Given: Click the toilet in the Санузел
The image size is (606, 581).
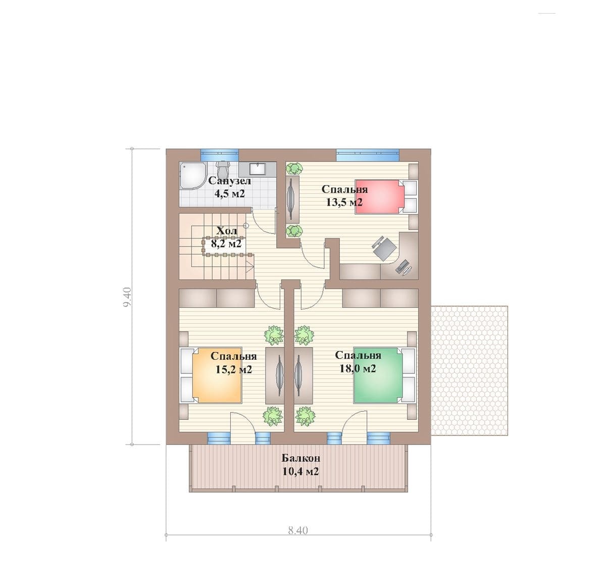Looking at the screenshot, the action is click(x=222, y=169).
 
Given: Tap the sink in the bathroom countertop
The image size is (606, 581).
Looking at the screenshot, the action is click(x=258, y=169).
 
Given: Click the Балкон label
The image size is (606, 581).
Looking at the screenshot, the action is click(x=300, y=458).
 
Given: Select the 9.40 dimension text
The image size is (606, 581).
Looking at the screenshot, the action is click(x=128, y=297).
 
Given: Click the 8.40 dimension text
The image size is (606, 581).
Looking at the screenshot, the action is click(x=298, y=530).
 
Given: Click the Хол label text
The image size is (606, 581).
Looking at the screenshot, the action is click(x=227, y=231).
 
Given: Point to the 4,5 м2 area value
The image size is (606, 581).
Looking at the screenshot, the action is click(x=229, y=193).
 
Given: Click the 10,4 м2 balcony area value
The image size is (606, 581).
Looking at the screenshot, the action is click(x=300, y=471).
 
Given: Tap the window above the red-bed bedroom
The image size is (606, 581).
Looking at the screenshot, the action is click(x=368, y=155).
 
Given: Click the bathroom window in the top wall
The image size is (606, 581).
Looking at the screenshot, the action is click(x=219, y=155).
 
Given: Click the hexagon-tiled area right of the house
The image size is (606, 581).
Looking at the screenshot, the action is click(x=469, y=370).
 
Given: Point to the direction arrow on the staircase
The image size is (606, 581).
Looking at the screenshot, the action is click(x=249, y=267).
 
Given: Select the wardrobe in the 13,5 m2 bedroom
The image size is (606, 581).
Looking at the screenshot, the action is click(x=292, y=200).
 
